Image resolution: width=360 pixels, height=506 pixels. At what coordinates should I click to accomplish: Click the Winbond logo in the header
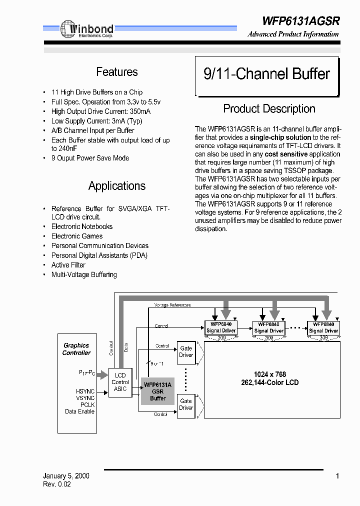point(87,30)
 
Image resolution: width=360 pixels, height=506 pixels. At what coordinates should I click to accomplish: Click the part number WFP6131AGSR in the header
point(300,21)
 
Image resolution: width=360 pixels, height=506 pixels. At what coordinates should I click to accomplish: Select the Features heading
point(116,72)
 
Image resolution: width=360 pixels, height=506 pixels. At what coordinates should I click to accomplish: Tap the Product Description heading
point(269,109)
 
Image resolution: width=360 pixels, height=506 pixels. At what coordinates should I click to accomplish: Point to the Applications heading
point(116,186)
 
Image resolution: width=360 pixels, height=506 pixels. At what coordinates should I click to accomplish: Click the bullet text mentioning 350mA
point(100,111)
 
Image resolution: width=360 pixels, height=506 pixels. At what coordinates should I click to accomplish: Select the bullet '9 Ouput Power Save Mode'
point(90,158)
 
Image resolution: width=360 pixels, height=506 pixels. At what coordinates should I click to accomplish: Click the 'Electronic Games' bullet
point(77,236)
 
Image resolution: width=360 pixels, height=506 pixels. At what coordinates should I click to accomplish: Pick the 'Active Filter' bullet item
point(68,265)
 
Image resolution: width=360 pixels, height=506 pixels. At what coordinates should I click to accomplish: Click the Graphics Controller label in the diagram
point(76,349)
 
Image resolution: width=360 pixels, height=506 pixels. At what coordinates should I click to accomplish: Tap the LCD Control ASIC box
point(120,382)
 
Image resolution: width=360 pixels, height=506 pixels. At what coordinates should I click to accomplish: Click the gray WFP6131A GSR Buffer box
point(157,391)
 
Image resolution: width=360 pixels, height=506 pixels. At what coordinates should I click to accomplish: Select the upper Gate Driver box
point(186,351)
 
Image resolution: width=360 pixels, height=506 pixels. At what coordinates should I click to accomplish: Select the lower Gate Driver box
point(186,404)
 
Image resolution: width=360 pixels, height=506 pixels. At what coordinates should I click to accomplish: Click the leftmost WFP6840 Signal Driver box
point(221,327)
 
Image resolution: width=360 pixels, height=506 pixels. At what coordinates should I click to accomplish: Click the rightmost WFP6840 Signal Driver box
point(323,327)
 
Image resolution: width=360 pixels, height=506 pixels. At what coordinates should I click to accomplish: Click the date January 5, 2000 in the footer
point(66,476)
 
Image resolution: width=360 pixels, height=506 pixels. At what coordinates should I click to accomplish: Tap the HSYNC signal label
point(85,391)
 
